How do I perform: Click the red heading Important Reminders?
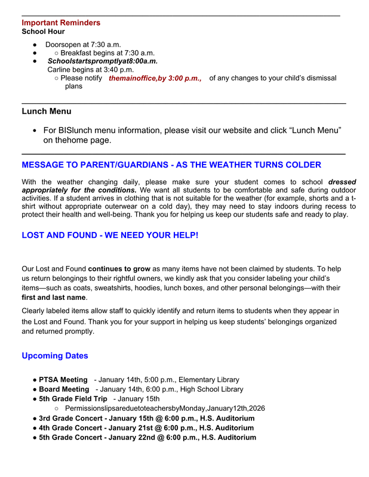[x=61, y=23]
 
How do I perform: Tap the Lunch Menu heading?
[x=47, y=111]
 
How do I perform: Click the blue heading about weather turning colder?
[x=171, y=165]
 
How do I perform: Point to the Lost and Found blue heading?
[x=110, y=236]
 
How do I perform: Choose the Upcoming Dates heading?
[x=55, y=356]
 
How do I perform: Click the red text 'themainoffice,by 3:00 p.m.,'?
[x=155, y=78]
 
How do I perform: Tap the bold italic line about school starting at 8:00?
[x=103, y=61]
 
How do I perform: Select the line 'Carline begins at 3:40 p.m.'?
[x=91, y=69]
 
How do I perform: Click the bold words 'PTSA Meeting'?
[x=63, y=380]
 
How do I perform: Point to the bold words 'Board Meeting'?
[x=64, y=389]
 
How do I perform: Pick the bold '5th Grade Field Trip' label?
[x=73, y=399]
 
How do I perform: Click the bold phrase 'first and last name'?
[x=54, y=298]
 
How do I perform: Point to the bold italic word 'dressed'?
[x=342, y=182]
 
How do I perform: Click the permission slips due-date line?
[x=164, y=408]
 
